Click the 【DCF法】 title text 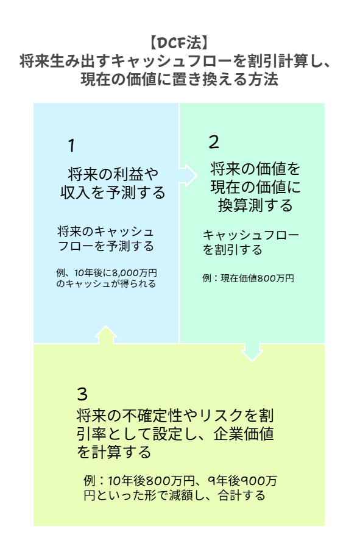[x=179, y=43]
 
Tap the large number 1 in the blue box [x=72, y=146]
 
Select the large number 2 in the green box [x=214, y=142]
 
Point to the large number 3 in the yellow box [x=82, y=394]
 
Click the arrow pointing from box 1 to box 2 [x=188, y=176]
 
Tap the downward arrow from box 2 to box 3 [x=252, y=352]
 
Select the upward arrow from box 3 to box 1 [x=105, y=335]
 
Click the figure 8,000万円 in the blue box [x=135, y=273]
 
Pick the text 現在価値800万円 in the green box [x=258, y=278]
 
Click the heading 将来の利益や [x=113, y=174]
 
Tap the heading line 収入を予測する [x=113, y=193]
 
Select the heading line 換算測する [x=255, y=205]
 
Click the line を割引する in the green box [x=233, y=250]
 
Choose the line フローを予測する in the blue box [x=106, y=246]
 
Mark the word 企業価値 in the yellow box [x=244, y=434]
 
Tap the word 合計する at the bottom [x=241, y=495]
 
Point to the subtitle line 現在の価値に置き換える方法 [x=179, y=79]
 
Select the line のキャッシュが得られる [x=106, y=284]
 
